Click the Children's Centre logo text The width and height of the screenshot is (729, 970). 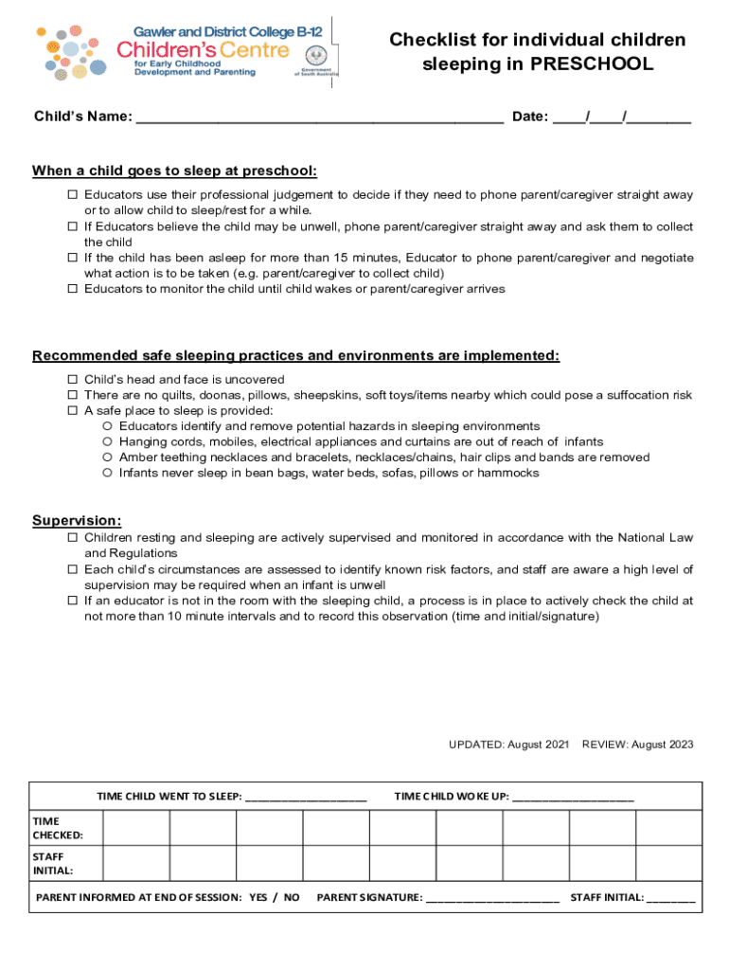click(x=203, y=48)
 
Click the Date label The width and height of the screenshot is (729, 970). click(x=529, y=117)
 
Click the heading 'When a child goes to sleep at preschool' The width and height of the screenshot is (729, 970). click(x=174, y=171)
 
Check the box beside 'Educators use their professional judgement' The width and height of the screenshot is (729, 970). click(x=72, y=195)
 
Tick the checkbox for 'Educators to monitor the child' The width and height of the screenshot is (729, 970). click(x=72, y=289)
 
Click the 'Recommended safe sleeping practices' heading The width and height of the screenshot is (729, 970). click(x=295, y=356)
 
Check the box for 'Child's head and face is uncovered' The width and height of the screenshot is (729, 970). click(x=72, y=380)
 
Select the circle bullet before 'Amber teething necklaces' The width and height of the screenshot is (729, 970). click(x=108, y=458)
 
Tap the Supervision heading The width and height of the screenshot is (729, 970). click(x=77, y=521)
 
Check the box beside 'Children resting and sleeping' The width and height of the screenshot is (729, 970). click(x=72, y=538)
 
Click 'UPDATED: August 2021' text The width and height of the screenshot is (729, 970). click(x=508, y=745)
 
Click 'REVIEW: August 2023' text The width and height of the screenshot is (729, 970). click(x=637, y=745)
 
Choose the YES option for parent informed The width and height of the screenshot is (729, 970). click(x=258, y=897)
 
